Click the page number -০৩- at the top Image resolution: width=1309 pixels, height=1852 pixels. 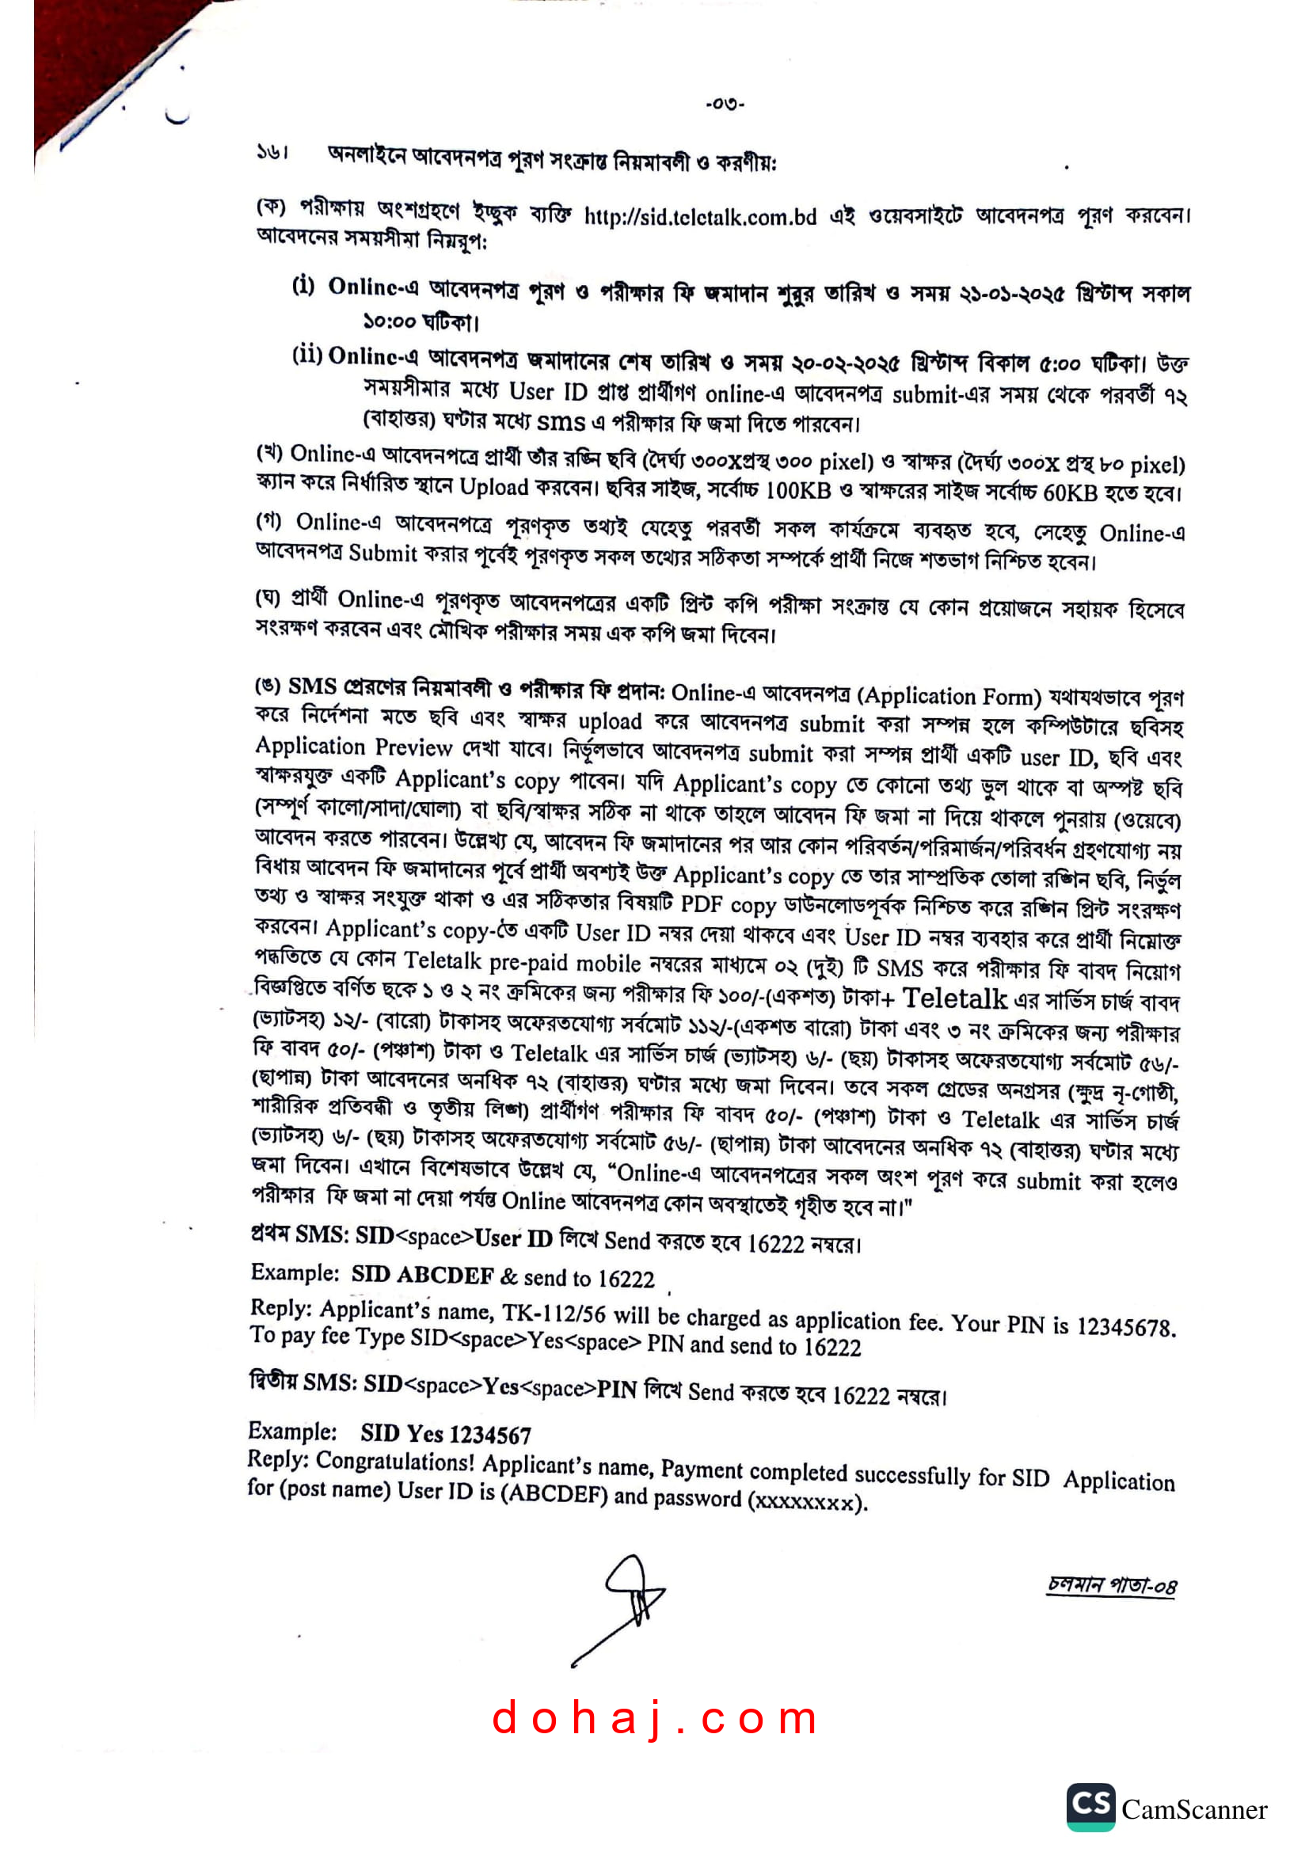coord(725,103)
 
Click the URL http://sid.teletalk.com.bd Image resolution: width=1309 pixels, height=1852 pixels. coord(699,217)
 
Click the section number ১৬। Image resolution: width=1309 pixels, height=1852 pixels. coord(272,152)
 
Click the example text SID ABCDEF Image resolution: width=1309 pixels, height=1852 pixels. coord(422,1276)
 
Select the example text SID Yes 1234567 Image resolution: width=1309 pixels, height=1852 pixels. coord(445,1434)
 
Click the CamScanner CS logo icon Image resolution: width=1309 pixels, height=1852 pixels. coord(1090,1807)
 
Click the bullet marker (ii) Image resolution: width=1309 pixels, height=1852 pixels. coord(307,355)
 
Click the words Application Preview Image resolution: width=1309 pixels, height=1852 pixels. coord(353,747)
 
